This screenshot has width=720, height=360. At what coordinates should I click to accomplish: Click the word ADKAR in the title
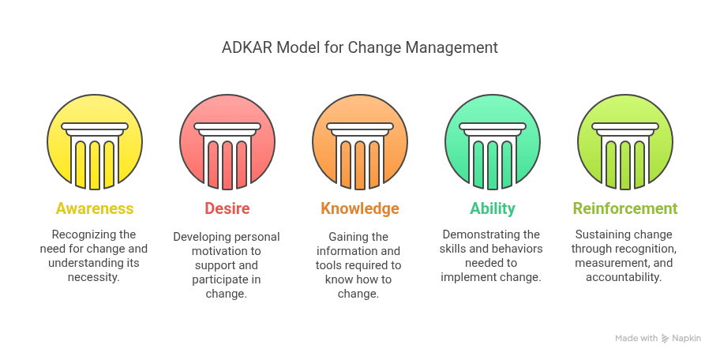(246, 47)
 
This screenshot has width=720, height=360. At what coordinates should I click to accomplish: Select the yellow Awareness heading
(95, 209)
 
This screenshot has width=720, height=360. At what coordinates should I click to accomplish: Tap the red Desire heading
(227, 209)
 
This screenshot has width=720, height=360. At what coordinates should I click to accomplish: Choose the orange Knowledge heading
(360, 209)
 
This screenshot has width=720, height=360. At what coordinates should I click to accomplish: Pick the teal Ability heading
(493, 209)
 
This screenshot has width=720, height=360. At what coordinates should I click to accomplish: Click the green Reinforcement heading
(625, 209)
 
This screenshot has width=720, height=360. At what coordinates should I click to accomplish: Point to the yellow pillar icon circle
(95, 142)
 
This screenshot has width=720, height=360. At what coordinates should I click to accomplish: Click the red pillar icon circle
(227, 142)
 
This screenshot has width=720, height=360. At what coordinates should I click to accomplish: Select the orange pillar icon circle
(360, 142)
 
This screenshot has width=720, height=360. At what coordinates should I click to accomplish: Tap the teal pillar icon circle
(493, 142)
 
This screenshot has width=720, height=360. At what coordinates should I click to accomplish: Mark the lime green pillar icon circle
(625, 142)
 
